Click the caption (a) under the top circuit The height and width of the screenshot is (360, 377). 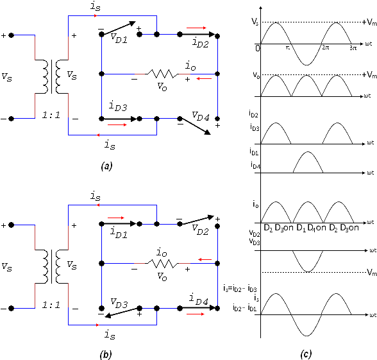(x=106, y=166)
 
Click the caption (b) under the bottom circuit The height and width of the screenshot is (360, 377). (x=106, y=354)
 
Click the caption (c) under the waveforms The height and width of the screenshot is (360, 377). (x=306, y=354)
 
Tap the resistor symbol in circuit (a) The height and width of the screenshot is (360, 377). (x=163, y=74)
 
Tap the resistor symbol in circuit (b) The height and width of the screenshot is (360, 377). (x=163, y=264)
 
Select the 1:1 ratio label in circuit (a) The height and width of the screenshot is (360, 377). (x=51, y=115)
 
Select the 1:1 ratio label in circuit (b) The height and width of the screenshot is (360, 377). (x=51, y=305)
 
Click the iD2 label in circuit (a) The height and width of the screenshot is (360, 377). (x=200, y=42)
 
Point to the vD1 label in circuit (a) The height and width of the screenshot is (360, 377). (x=119, y=38)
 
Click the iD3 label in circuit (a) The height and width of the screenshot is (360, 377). (x=117, y=106)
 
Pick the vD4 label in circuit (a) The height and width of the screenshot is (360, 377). (x=201, y=116)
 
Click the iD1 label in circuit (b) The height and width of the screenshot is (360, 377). (x=119, y=233)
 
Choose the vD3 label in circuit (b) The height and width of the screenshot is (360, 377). (x=119, y=303)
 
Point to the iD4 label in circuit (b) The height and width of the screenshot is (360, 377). (x=198, y=299)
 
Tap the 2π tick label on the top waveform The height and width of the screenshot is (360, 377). (x=325, y=47)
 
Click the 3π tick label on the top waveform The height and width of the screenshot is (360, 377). (x=353, y=47)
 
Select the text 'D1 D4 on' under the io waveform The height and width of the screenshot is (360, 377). (x=311, y=228)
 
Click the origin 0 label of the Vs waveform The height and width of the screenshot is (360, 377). (x=258, y=48)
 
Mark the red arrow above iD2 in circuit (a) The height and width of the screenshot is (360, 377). (x=196, y=28)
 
